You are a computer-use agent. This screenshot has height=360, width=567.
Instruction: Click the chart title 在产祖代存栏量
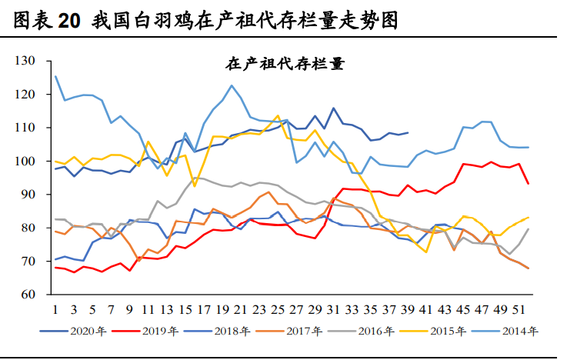coord(285,64)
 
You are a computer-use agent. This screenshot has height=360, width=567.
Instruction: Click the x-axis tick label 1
coord(56,309)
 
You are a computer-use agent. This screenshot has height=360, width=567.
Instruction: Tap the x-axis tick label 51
coord(519,309)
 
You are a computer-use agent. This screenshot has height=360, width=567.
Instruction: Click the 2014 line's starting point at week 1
coord(56,76)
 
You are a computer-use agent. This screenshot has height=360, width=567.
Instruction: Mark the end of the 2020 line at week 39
coord(408,133)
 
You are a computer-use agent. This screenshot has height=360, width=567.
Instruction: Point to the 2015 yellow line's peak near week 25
coord(278,116)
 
